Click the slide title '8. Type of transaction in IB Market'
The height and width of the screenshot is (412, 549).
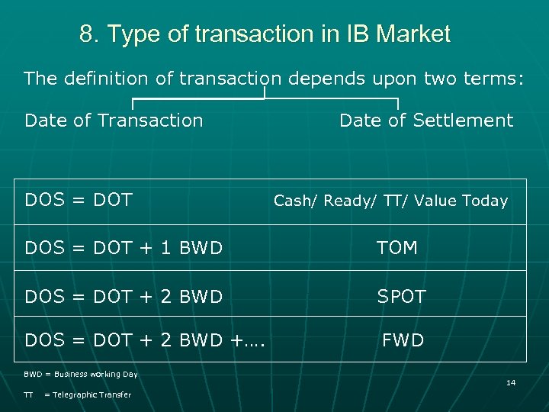pyautogui.click(x=265, y=34)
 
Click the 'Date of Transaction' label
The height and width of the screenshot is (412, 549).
pyautogui.click(x=114, y=121)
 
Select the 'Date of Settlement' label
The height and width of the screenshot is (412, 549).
pyautogui.click(x=425, y=121)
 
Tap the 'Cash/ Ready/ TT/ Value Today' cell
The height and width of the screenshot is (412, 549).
pyautogui.click(x=390, y=201)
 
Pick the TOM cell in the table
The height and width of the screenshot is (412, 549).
pyautogui.click(x=397, y=248)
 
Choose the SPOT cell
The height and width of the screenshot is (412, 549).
pyautogui.click(x=401, y=296)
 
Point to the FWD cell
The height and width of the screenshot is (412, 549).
pyautogui.click(x=403, y=340)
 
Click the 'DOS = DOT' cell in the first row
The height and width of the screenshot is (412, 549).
pyautogui.click(x=79, y=201)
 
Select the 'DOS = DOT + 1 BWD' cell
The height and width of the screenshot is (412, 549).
pyautogui.click(x=124, y=248)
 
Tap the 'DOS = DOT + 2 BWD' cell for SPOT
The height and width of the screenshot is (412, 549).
pyautogui.click(x=124, y=296)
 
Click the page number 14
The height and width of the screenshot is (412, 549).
pyautogui.click(x=511, y=382)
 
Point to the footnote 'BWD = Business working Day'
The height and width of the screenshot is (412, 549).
pyautogui.click(x=81, y=375)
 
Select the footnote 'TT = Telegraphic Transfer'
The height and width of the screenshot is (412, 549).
pyautogui.click(x=78, y=394)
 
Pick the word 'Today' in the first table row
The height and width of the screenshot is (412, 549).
pyautogui.click(x=486, y=201)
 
